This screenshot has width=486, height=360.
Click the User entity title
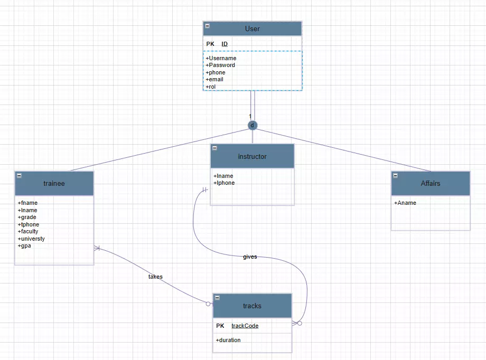click(252, 29)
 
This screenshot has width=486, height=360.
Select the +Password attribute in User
click(220, 65)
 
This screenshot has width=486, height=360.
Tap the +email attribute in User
click(214, 80)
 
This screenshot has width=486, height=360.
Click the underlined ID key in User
click(225, 44)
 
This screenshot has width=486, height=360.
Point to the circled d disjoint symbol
click(253, 125)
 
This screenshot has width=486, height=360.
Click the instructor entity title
click(252, 156)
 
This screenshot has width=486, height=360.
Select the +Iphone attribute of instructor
click(224, 183)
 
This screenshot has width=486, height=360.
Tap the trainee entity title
click(54, 183)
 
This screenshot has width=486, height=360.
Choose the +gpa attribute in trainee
click(24, 246)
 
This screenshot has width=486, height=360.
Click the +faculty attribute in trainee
click(28, 232)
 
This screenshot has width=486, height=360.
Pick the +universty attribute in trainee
click(31, 239)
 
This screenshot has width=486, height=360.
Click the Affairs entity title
click(431, 183)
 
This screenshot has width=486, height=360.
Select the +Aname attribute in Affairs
click(405, 203)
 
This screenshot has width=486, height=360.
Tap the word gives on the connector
click(250, 257)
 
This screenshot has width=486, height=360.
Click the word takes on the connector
click(155, 277)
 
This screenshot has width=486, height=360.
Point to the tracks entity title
click(252, 306)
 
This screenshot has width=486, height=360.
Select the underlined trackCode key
click(245, 326)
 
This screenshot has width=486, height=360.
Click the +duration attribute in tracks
click(228, 340)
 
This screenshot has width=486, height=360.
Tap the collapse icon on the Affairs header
click(396, 175)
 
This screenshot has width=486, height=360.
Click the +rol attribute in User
click(211, 87)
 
